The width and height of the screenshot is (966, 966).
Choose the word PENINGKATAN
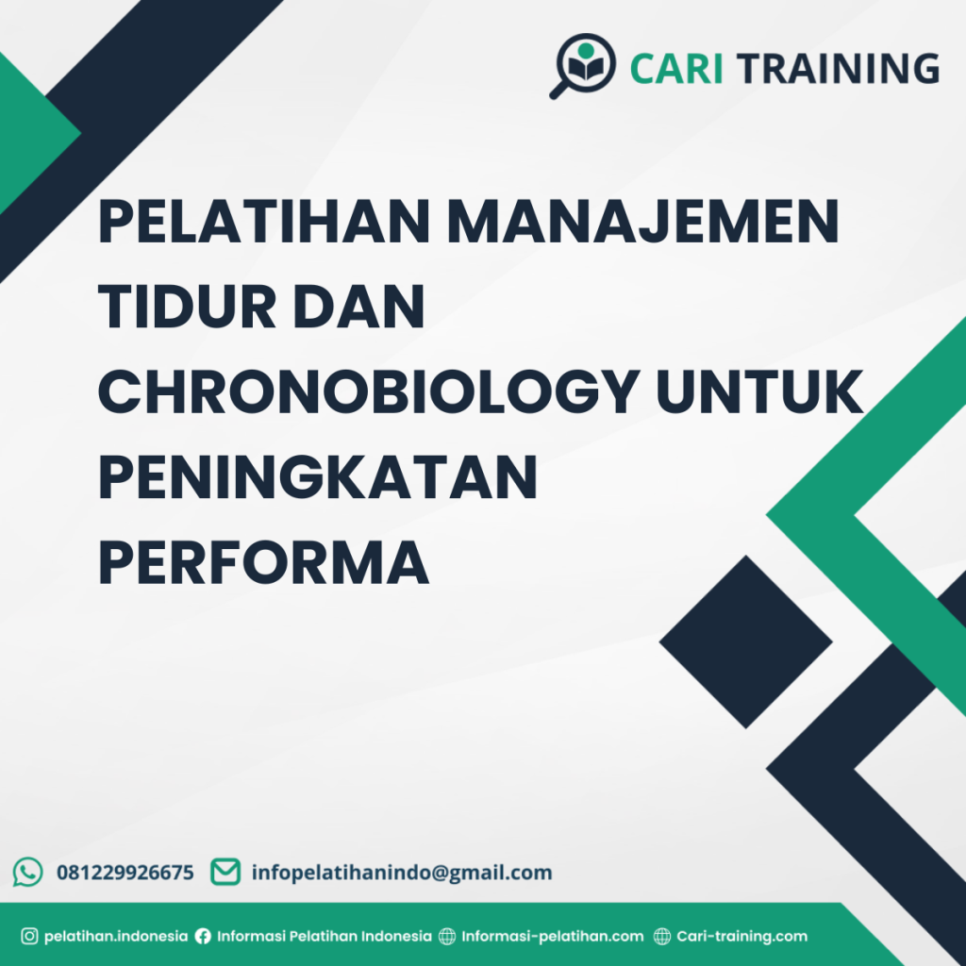pyautogui.click(x=318, y=476)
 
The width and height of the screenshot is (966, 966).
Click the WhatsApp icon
pyautogui.click(x=28, y=872)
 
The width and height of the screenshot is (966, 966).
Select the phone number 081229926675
pyautogui.click(x=125, y=873)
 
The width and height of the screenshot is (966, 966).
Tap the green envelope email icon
pyautogui.click(x=225, y=872)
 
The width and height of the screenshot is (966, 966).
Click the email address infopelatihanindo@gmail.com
pyautogui.click(x=402, y=873)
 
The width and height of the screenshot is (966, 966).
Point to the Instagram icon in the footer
pyautogui.click(x=29, y=937)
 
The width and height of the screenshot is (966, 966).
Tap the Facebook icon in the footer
pyautogui.click(x=203, y=937)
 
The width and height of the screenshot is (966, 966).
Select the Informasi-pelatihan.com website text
pyautogui.click(x=552, y=937)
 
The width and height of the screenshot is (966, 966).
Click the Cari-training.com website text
pyautogui.click(x=741, y=937)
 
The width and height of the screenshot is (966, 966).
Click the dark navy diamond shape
pyautogui.click(x=745, y=641)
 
